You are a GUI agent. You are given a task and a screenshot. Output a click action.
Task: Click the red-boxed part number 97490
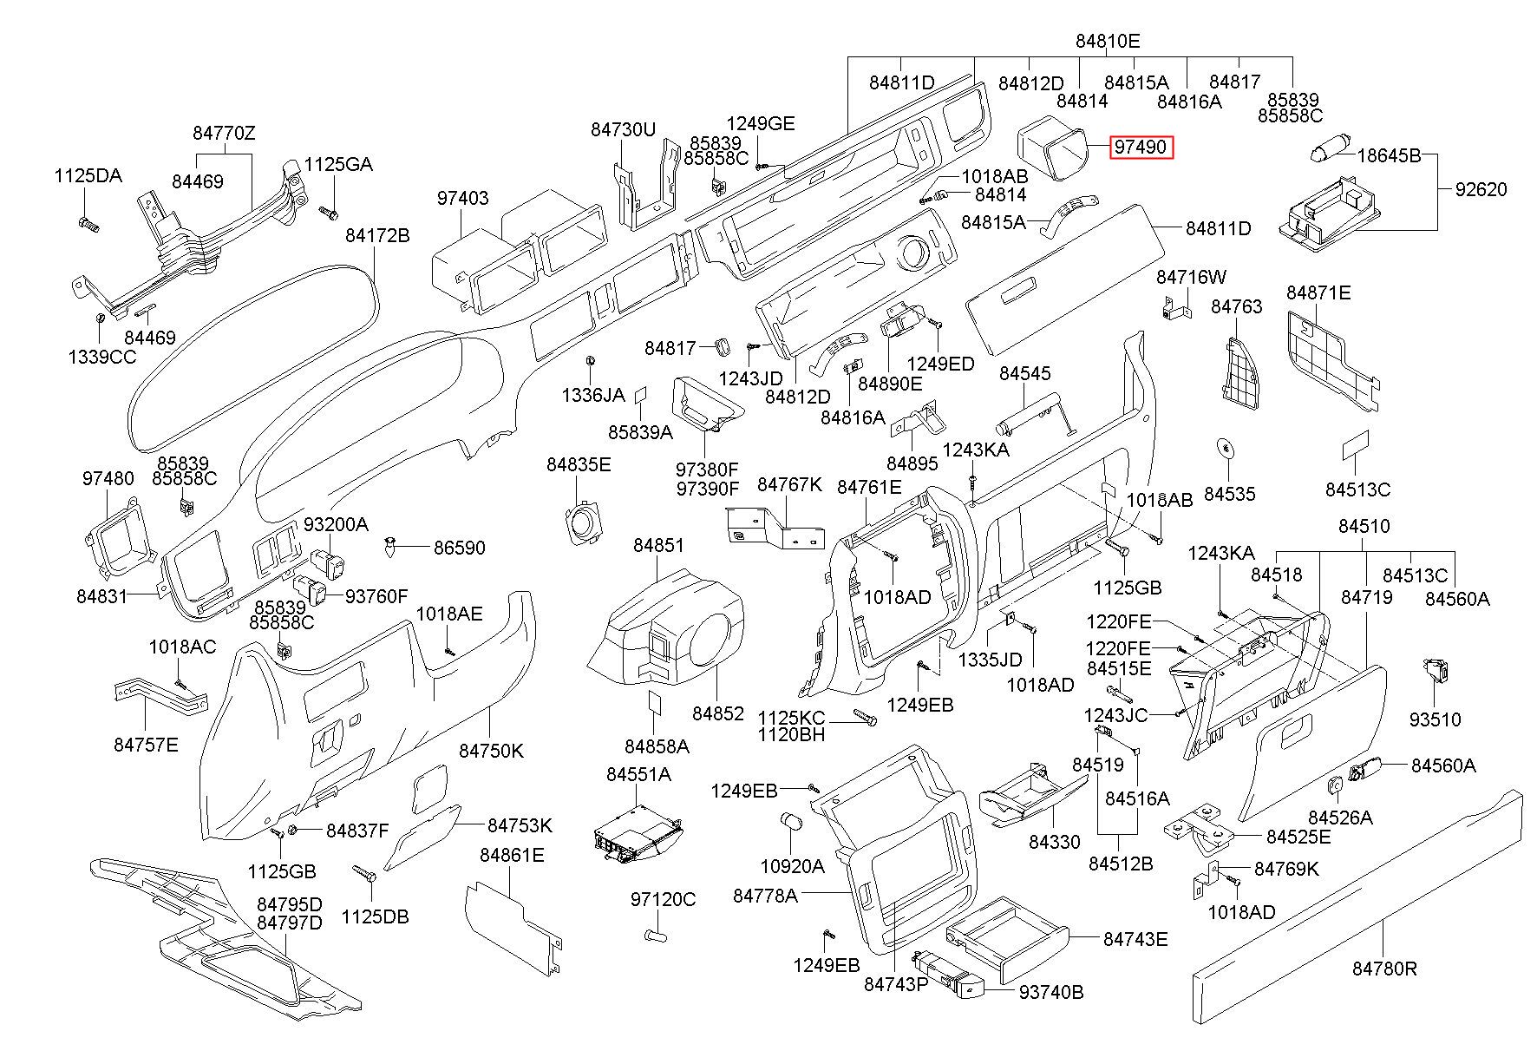[1141, 148]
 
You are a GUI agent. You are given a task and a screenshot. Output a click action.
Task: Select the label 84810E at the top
[1108, 41]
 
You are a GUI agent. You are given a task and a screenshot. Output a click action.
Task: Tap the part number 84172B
[377, 235]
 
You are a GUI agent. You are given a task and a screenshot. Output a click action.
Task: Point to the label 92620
[1481, 189]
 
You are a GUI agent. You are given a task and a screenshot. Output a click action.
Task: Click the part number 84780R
[1384, 969]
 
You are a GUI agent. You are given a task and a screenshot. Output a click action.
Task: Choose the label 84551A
[638, 775]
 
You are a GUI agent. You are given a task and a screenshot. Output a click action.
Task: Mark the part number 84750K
[492, 752]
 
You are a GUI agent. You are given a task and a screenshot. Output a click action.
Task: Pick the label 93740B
[1051, 992]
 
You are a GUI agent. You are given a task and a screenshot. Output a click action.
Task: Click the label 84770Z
[224, 133]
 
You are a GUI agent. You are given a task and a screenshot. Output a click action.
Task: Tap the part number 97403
[462, 198]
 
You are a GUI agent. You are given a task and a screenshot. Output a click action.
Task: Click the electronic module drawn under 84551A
[635, 834]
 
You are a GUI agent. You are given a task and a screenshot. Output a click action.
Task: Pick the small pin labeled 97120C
[658, 935]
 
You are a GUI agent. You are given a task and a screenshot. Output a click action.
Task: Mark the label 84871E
[1318, 292]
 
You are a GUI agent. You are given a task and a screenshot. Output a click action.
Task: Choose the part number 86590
[459, 548]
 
